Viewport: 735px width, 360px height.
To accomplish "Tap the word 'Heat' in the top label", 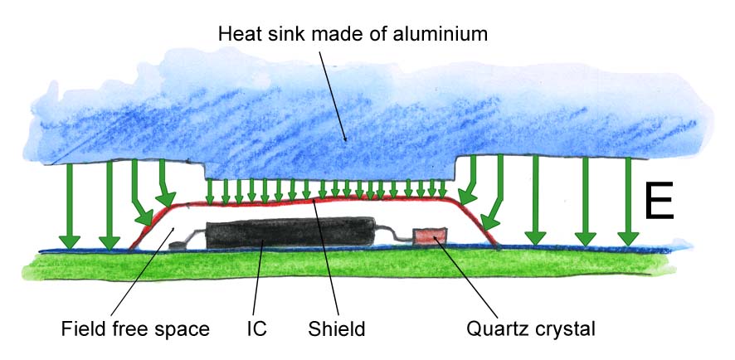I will pyautogui.click(x=237, y=34).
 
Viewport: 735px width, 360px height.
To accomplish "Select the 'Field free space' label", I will pyautogui.click(x=134, y=329).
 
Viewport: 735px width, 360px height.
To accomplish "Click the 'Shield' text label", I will pyautogui.click(x=337, y=329).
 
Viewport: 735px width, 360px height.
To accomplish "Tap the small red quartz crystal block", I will pyautogui.click(x=431, y=236).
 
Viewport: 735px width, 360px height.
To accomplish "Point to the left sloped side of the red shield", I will pyautogui.click(x=149, y=224).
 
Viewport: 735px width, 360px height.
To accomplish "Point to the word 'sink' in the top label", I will pyautogui.click(x=294, y=34).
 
